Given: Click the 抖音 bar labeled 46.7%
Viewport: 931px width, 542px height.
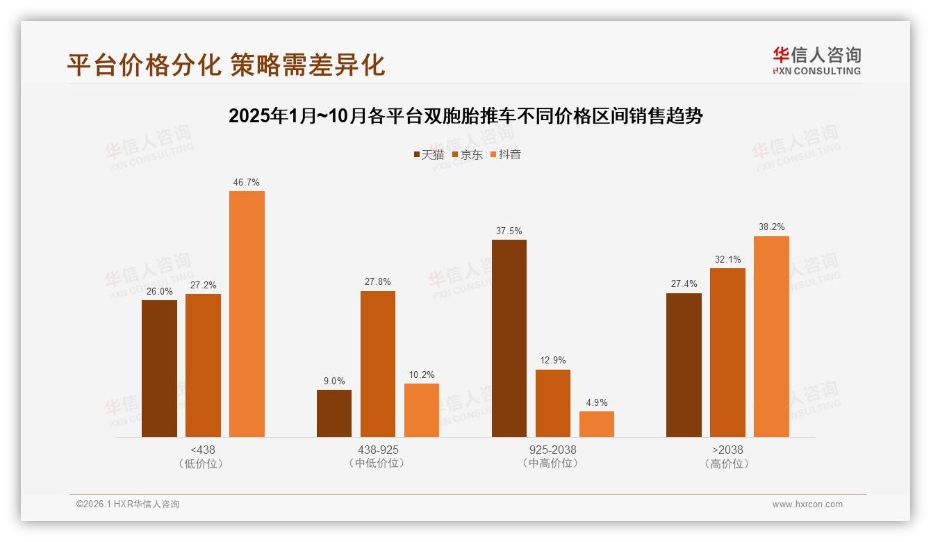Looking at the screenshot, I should tap(247, 314).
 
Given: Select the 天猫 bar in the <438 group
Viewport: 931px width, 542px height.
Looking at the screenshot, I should tap(159, 368).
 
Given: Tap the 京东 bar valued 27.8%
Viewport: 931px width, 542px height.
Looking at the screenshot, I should tap(377, 364).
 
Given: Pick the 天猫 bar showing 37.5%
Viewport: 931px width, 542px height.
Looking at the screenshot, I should tap(509, 338).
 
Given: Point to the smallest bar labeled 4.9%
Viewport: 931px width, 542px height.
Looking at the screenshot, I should tap(597, 424).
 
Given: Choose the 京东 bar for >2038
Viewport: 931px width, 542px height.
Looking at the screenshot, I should tap(727, 352).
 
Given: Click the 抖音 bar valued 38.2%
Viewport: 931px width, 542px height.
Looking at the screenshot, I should tap(771, 336).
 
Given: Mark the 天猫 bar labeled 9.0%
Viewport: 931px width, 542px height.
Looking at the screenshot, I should tap(334, 413).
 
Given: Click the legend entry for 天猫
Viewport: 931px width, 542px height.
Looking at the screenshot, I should tap(429, 154).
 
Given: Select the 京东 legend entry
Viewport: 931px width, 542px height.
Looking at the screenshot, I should tap(468, 154).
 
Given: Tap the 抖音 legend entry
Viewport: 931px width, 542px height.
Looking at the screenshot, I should tap(506, 154).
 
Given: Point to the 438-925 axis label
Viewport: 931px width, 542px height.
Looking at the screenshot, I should tap(378, 450).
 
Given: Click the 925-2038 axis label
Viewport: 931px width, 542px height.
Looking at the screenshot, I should tap(553, 450).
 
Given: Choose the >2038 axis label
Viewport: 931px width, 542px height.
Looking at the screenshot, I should tap(727, 450).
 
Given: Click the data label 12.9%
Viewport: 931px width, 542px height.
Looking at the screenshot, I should tap(553, 360).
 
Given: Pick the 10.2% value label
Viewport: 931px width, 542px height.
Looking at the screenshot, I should tap(422, 375).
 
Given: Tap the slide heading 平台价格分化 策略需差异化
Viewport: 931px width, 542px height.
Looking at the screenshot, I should tap(226, 65).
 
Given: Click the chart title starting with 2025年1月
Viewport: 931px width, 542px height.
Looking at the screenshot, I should tap(465, 116).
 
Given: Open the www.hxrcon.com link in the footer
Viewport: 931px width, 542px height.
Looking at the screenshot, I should tap(807, 504).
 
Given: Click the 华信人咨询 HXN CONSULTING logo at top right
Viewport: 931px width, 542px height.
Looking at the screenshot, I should tap(816, 60).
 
